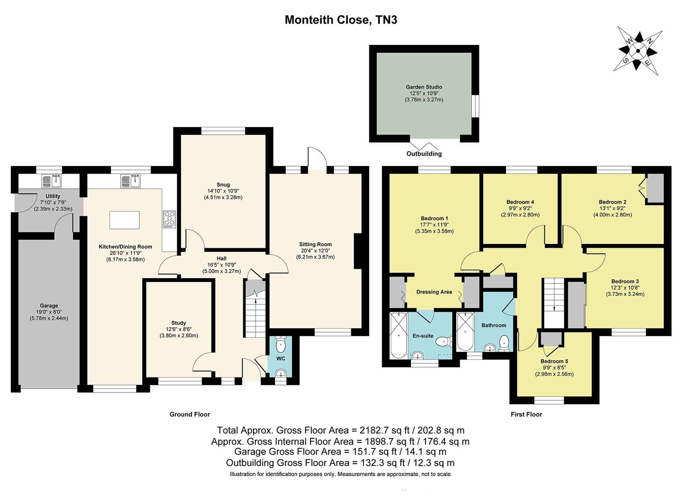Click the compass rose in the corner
coord(638,51)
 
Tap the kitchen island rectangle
coord(124,220)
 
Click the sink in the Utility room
coord(51,181)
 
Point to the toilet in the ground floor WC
coord(280,344)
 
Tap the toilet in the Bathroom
coord(504,343)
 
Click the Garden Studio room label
coord(424,87)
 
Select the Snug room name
coord(223,185)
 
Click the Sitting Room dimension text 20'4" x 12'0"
coord(315,250)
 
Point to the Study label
coord(179,323)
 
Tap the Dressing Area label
coord(434,292)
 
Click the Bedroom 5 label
coord(554,361)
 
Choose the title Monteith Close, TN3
coord(341,20)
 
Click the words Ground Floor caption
coord(190,414)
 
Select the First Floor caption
coord(526,414)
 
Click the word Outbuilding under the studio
coord(424,154)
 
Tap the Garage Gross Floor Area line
coord(340,452)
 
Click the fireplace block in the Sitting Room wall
coord(358,251)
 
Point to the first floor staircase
coord(554,303)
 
